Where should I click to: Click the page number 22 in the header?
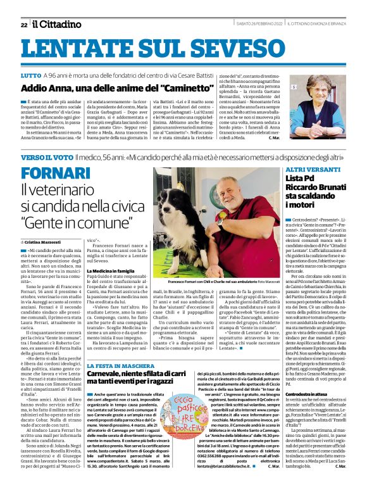coord(23,25)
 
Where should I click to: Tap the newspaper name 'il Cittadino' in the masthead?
coord(58,24)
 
